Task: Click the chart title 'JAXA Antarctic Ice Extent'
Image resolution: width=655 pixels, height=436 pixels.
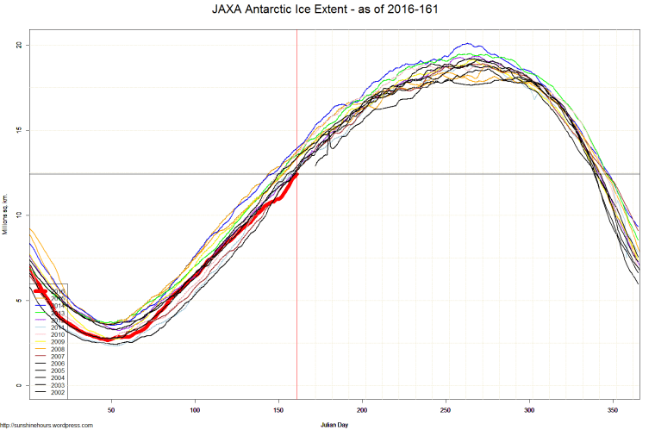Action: click(x=327, y=10)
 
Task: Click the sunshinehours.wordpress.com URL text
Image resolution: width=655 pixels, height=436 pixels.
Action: click(x=47, y=425)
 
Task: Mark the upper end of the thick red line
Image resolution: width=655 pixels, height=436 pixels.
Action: click(x=297, y=173)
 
